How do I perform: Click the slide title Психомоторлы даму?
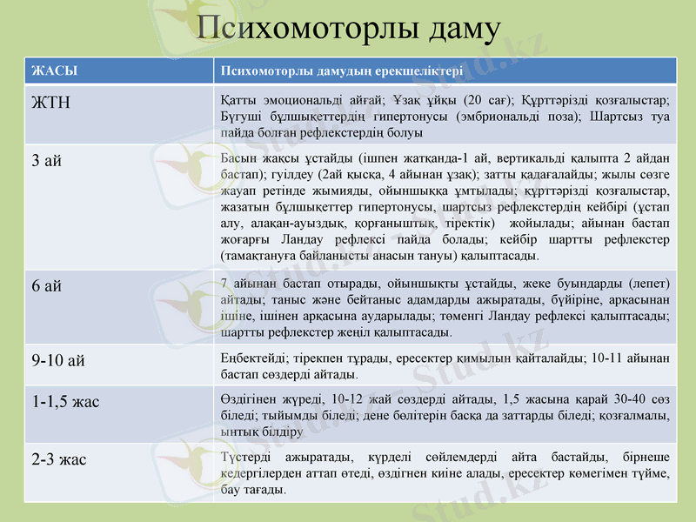pyautogui.click(x=348, y=30)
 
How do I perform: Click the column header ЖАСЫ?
pyautogui.click(x=50, y=71)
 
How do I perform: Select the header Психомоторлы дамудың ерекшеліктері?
pyautogui.click(x=342, y=71)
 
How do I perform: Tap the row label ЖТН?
pyautogui.click(x=51, y=103)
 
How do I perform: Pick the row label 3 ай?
pyautogui.click(x=47, y=161)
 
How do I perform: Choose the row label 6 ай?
pyautogui.click(x=47, y=285)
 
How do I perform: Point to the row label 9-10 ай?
pyautogui.click(x=59, y=360)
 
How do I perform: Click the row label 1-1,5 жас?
pyautogui.click(x=66, y=401)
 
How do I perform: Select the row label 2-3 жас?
pyautogui.click(x=59, y=459)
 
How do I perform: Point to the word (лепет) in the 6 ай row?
pyautogui.click(x=649, y=282)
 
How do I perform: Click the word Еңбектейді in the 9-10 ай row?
pyautogui.click(x=252, y=358)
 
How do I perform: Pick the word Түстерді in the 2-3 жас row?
pyautogui.click(x=246, y=457)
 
